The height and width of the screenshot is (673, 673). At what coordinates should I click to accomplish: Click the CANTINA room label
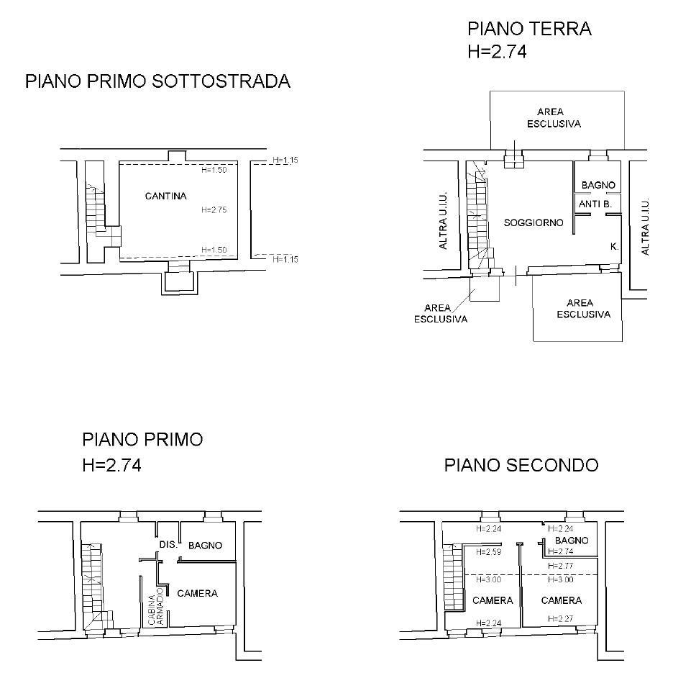tap(165, 196)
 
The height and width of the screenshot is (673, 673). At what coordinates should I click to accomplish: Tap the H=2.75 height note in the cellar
tap(214, 209)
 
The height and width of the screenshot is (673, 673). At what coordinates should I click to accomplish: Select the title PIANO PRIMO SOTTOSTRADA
tap(157, 81)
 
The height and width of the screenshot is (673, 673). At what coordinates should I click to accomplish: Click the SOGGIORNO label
tap(534, 222)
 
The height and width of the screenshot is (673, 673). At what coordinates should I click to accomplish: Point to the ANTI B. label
tap(595, 204)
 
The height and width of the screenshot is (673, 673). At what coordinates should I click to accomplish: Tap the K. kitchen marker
tap(614, 247)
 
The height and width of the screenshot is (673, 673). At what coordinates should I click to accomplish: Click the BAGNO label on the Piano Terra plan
tap(598, 185)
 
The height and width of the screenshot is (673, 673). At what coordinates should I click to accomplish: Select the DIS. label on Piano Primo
tap(168, 544)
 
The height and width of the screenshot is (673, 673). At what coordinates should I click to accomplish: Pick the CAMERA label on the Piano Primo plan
tap(198, 594)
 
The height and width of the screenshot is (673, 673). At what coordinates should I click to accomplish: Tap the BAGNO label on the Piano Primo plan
tap(205, 546)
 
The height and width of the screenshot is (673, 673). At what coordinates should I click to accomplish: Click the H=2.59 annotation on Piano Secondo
tap(488, 552)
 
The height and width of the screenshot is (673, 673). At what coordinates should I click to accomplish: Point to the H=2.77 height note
tap(561, 566)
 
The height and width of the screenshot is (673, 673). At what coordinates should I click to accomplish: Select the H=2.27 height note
tap(561, 619)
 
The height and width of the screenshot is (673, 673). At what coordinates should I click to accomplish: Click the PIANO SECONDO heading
tap(521, 465)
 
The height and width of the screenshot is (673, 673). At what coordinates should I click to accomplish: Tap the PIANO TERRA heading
tap(530, 29)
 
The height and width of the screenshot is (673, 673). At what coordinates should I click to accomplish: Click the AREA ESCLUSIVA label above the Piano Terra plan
tap(554, 118)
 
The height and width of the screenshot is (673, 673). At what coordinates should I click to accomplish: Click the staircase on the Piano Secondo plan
tap(454, 577)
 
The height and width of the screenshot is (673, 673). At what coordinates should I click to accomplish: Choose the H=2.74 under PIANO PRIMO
tap(111, 465)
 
